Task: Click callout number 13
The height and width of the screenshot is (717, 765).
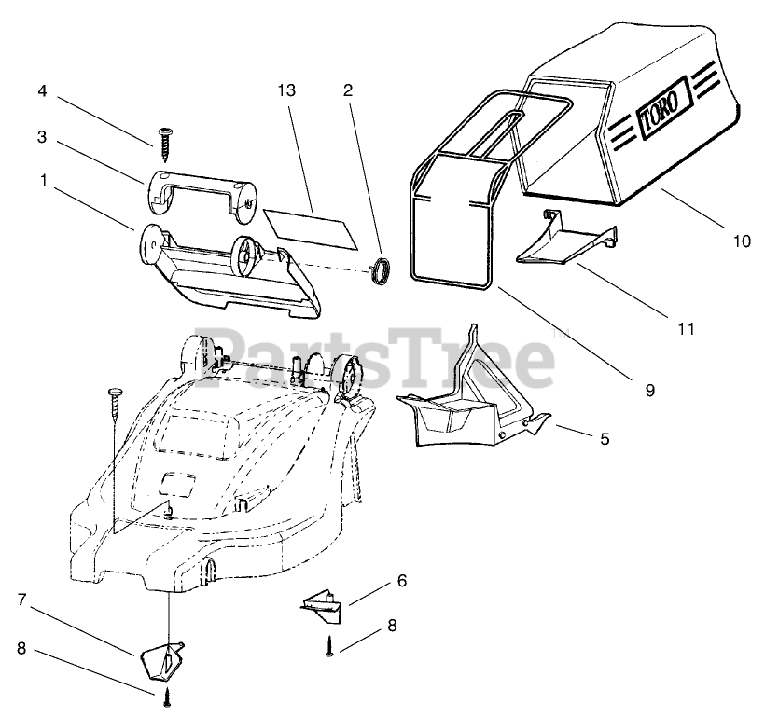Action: click(285, 90)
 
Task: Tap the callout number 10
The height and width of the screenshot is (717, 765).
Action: click(741, 241)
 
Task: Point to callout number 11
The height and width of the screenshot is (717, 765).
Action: click(687, 328)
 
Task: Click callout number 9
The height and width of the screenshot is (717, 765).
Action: click(649, 390)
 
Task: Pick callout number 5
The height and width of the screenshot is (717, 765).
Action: click(605, 436)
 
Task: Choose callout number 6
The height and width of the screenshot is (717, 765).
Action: click(402, 580)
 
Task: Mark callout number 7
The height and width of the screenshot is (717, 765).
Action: click(21, 600)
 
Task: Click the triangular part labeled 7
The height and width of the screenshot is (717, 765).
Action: click(161, 659)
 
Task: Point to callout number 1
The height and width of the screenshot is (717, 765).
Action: click(42, 180)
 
